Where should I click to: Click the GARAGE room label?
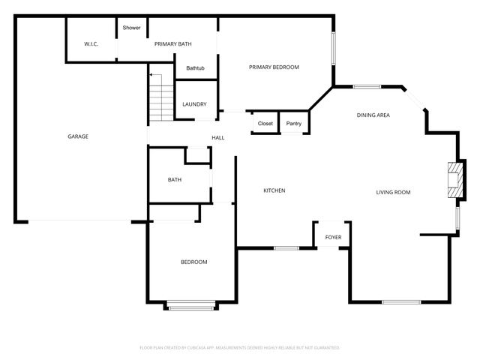(x=78, y=136)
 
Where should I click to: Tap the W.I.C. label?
(x=91, y=44)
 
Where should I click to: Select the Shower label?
(x=132, y=28)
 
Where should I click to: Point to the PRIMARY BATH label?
(x=173, y=44)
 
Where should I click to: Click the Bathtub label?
(x=196, y=68)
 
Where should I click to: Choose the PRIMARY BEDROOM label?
(x=274, y=67)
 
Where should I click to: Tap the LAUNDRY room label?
(x=194, y=104)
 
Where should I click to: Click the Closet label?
(x=265, y=123)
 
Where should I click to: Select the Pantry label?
(x=294, y=123)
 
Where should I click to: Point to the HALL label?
(x=218, y=138)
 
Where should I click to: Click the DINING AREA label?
(x=373, y=115)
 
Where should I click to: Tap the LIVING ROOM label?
(x=393, y=193)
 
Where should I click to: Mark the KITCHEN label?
(x=274, y=190)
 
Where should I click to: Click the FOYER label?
(x=333, y=238)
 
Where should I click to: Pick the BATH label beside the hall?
(x=175, y=180)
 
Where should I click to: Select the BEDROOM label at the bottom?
(x=193, y=262)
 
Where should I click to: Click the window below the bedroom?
(x=191, y=306)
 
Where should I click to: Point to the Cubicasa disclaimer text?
(x=240, y=348)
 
